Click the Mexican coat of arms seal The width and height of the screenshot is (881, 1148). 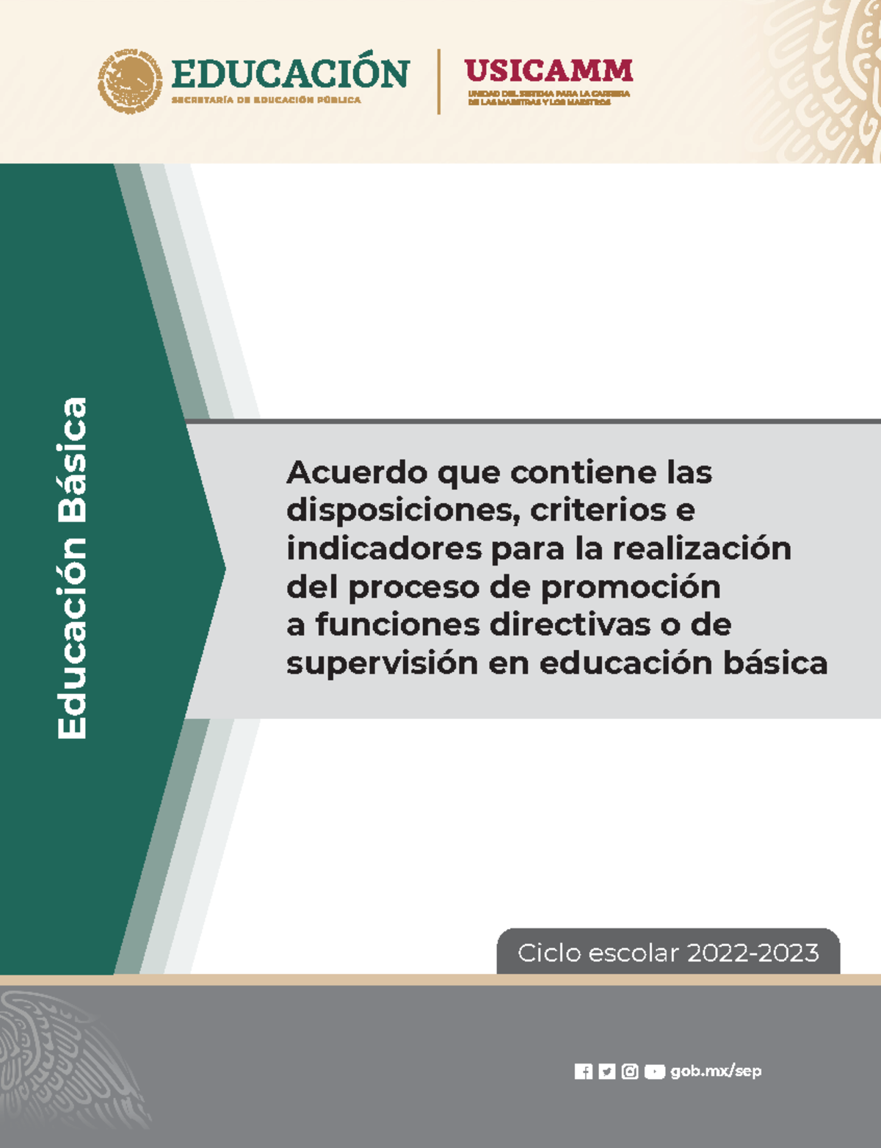pyautogui.click(x=130, y=82)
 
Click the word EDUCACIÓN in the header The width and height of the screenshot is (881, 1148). pyautogui.click(x=290, y=74)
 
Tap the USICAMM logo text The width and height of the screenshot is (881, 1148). pyautogui.click(x=548, y=71)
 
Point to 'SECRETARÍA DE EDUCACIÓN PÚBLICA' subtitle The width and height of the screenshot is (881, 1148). pyautogui.click(x=267, y=100)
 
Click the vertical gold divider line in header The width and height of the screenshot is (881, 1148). pyautogui.click(x=439, y=82)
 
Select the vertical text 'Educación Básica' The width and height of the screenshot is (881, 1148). pyautogui.click(x=73, y=568)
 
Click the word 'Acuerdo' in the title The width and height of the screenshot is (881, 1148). pyautogui.click(x=357, y=472)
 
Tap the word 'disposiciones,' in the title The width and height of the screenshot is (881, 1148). pyautogui.click(x=403, y=510)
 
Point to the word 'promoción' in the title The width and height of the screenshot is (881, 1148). pyautogui.click(x=631, y=588)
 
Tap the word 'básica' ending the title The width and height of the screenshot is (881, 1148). pyautogui.click(x=775, y=663)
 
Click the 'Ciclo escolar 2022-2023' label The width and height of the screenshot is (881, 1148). pyautogui.click(x=668, y=953)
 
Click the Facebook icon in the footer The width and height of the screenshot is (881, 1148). pyautogui.click(x=584, y=1072)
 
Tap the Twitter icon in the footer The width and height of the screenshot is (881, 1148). pyautogui.click(x=606, y=1072)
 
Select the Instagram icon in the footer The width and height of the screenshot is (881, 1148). pyautogui.click(x=630, y=1072)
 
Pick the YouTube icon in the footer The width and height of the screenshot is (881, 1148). pyautogui.click(x=654, y=1072)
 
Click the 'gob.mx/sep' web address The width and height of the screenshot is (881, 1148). pyautogui.click(x=716, y=1072)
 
